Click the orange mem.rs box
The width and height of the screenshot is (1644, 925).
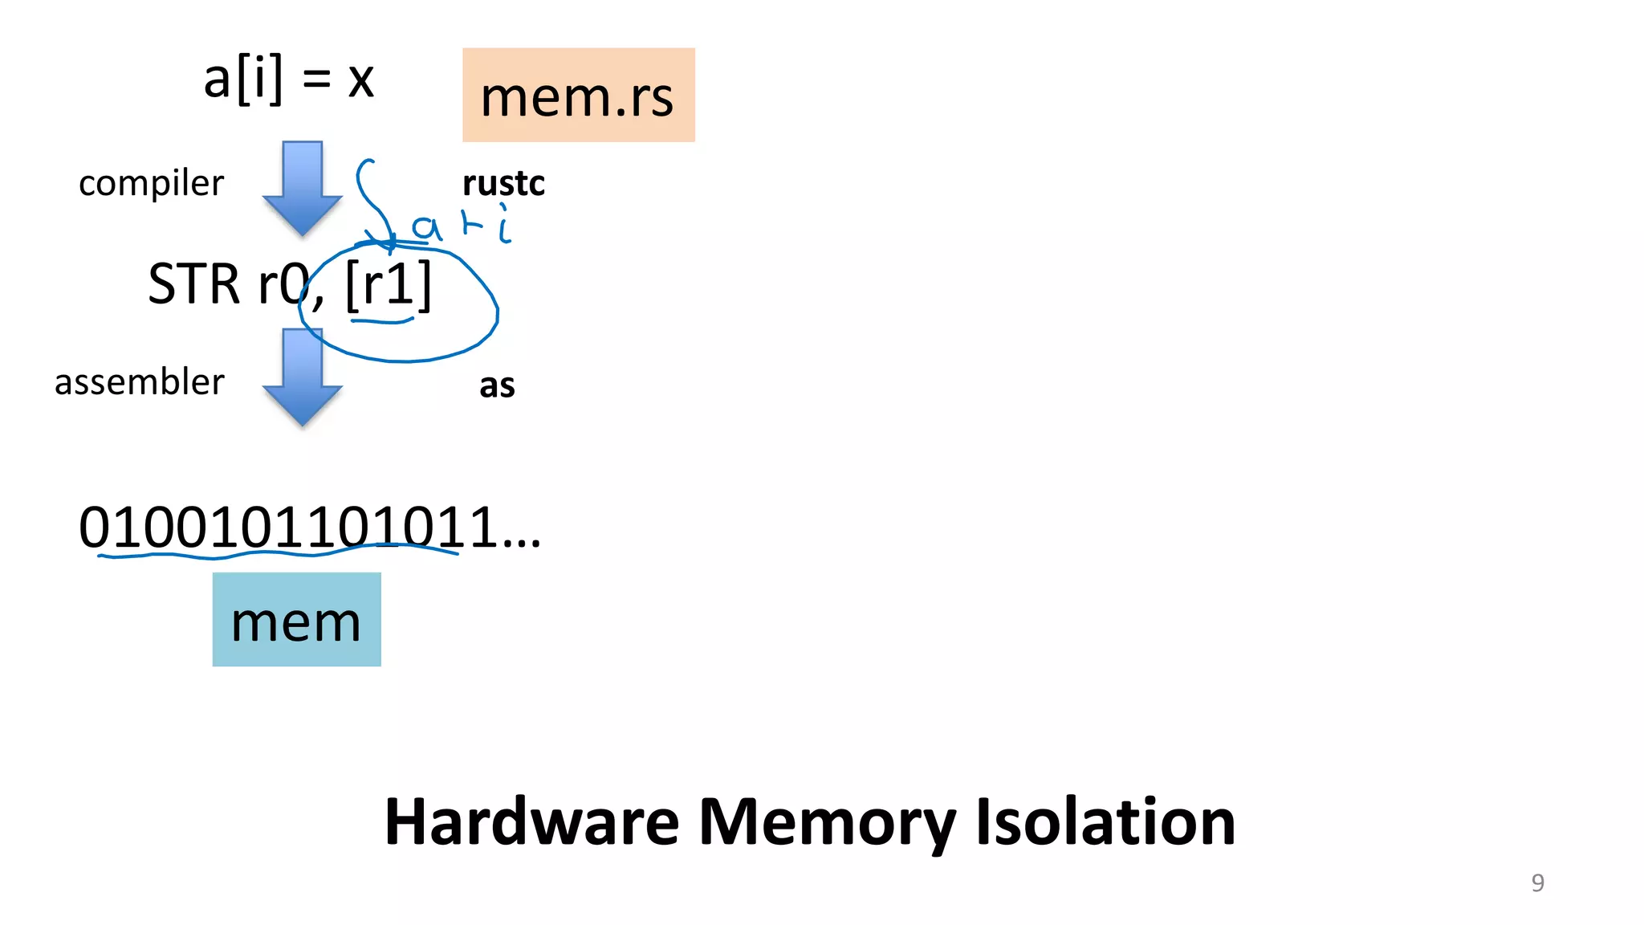click(x=578, y=95)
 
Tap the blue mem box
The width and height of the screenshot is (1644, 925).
click(x=296, y=619)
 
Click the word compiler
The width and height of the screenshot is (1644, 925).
click(x=151, y=183)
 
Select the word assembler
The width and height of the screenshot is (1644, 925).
click(x=139, y=381)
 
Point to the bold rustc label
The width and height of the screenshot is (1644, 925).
click(x=503, y=183)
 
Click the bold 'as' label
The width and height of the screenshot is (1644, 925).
click(x=497, y=385)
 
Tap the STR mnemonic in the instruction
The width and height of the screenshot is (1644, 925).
click(x=193, y=284)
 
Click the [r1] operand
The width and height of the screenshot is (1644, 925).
click(x=389, y=284)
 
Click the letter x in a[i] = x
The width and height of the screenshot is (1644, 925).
click(x=361, y=80)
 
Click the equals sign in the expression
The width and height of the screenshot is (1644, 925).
click(x=316, y=79)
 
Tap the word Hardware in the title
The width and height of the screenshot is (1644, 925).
click(x=531, y=822)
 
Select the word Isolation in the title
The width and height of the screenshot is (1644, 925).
click(x=1105, y=822)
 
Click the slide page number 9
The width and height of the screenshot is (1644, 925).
click(x=1537, y=882)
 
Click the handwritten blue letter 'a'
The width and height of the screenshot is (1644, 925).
click(x=426, y=228)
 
